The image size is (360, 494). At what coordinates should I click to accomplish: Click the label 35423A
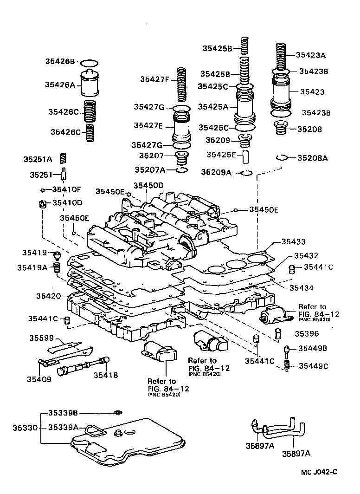point(310,55)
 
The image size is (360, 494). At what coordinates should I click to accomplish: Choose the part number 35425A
point(213,106)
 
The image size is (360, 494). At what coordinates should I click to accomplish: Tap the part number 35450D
point(148,185)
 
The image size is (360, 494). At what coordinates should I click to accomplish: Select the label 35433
point(293,242)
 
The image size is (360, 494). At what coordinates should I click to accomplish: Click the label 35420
point(48,295)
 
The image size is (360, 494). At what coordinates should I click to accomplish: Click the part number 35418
point(106,375)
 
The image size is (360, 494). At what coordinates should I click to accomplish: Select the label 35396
point(308,334)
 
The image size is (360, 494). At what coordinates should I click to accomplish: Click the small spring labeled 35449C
point(287,366)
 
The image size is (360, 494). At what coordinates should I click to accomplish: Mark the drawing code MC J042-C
point(318,472)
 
